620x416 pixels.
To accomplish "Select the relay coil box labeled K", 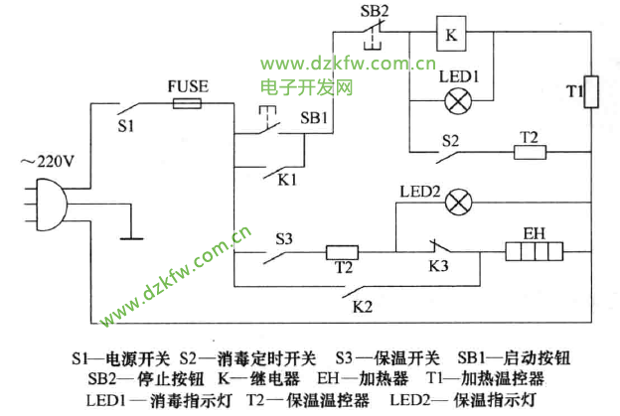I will (x=452, y=36).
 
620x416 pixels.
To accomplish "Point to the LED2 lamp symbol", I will (x=458, y=203).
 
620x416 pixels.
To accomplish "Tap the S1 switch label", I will (x=125, y=126).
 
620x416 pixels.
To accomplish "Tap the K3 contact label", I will (x=437, y=269).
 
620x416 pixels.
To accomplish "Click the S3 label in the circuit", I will (x=284, y=237).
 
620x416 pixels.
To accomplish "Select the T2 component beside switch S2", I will (x=528, y=152).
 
